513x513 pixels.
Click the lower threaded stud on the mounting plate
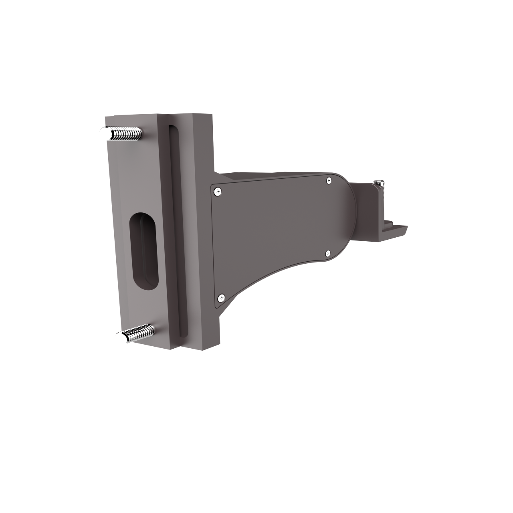(x=138, y=333)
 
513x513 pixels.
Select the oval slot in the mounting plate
(x=143, y=251)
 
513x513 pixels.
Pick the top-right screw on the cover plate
(x=329, y=181)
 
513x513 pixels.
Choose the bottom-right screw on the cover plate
(x=328, y=253)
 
